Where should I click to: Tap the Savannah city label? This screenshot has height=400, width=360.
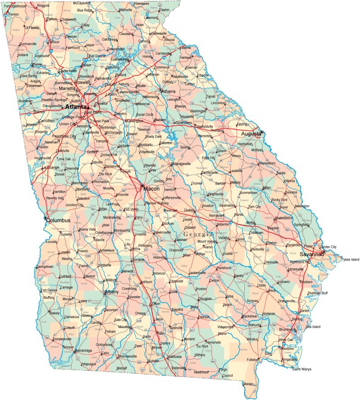coord(312,254)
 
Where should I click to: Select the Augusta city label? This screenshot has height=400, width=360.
coord(250,134)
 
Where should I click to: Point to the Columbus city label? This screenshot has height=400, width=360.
coord(59,220)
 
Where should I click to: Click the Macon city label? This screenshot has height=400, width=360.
coord(152,189)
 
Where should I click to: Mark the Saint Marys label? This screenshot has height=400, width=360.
coord(302,369)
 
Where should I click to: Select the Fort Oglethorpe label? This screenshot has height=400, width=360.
coord(15,6)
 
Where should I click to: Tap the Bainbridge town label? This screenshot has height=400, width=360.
coord(83,351)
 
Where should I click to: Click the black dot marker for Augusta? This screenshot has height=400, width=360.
coord(262,132)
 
